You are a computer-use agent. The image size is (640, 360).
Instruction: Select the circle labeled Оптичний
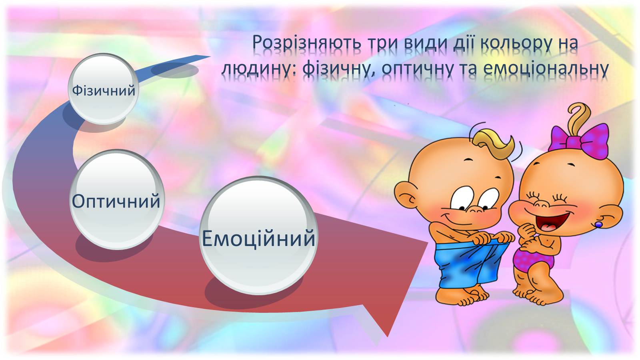[x=116, y=200]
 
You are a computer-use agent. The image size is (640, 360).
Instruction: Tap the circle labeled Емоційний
[x=258, y=236]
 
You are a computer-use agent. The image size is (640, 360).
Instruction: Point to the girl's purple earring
[x=598, y=224]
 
